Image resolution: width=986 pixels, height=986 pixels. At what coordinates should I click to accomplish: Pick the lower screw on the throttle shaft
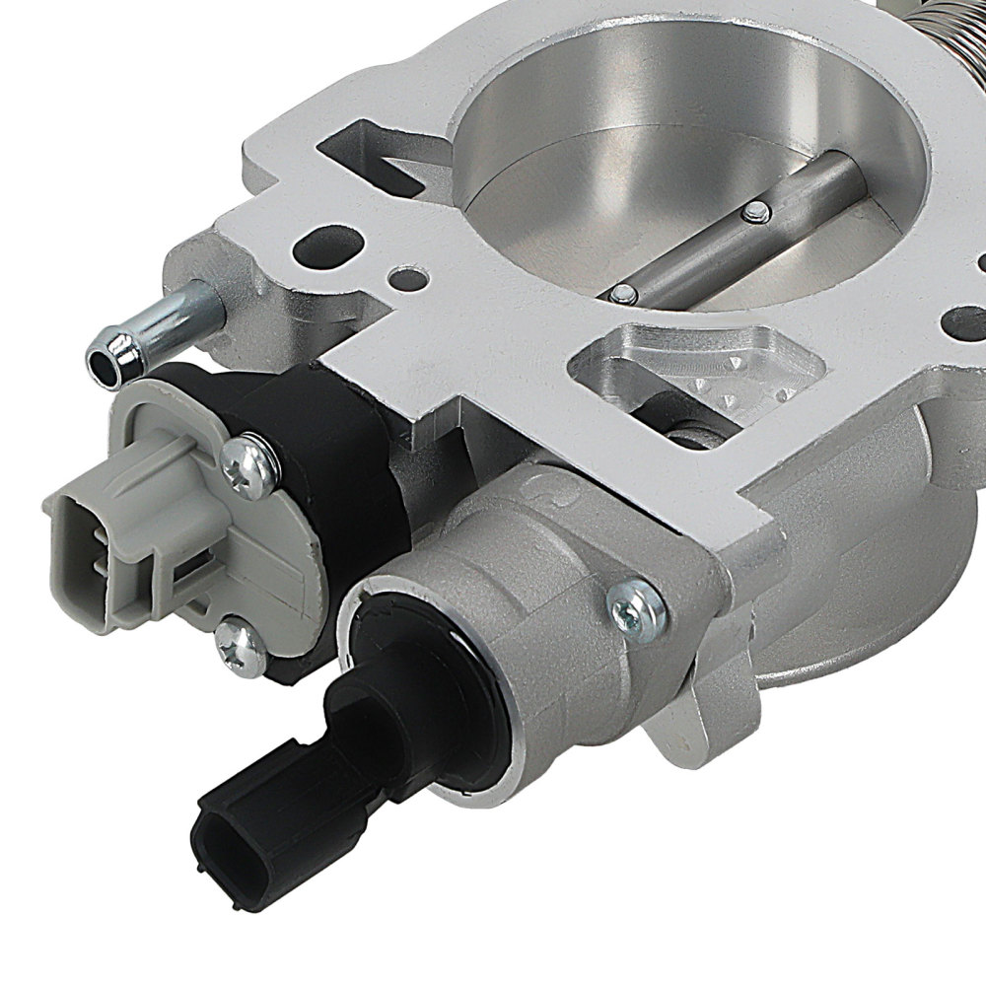pyautogui.click(x=623, y=292)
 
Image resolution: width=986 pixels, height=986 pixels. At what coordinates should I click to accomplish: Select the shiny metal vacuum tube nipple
pyautogui.click(x=158, y=325)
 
